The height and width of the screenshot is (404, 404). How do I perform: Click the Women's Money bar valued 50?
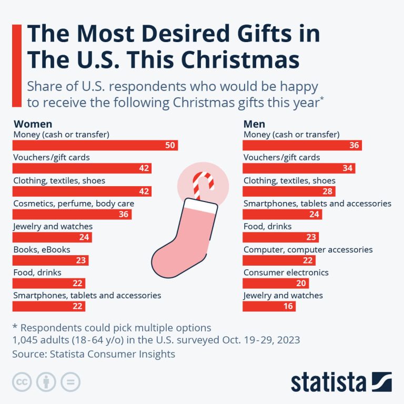tap(95, 145)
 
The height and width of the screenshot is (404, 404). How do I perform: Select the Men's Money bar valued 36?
tap(302, 145)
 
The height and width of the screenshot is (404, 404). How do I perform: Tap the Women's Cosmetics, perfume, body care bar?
tap(72, 215)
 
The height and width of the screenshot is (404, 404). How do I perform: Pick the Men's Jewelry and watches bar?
tap(269, 306)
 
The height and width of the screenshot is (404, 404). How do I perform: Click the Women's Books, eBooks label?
tap(42, 249)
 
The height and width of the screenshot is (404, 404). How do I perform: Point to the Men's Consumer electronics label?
tap(286, 272)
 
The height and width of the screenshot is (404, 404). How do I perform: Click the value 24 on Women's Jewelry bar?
tap(84, 238)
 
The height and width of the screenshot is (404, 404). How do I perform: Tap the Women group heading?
tap(33, 124)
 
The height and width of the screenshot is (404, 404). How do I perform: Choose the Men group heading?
tap(254, 124)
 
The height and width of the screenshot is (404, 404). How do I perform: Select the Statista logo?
tap(341, 381)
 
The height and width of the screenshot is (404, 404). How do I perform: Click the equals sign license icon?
tap(71, 382)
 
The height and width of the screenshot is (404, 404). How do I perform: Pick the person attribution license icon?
tap(46, 382)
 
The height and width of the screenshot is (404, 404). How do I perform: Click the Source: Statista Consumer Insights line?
tap(94, 354)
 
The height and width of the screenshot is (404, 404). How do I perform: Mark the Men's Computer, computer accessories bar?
tap(278, 260)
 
